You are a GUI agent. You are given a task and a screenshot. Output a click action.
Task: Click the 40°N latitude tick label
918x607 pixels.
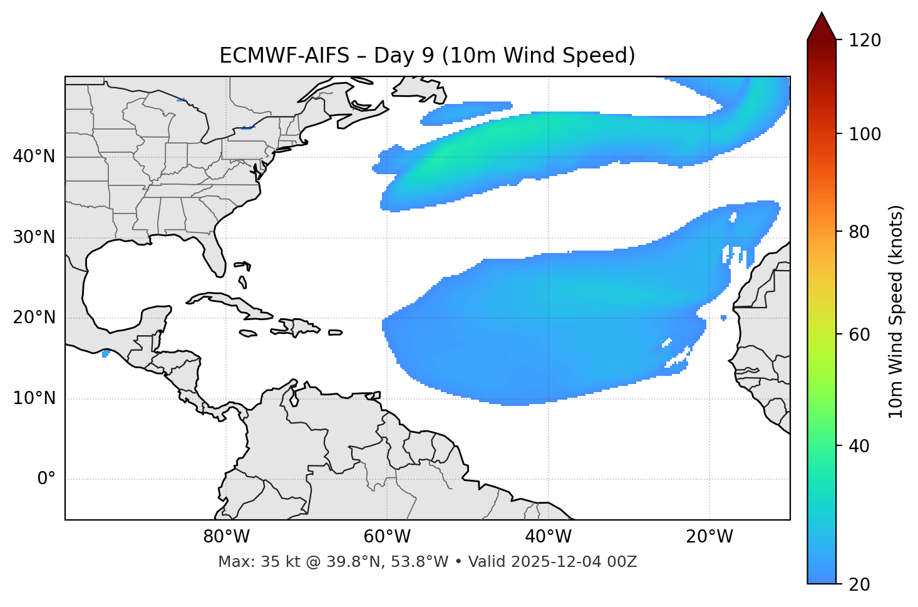pos(34,157)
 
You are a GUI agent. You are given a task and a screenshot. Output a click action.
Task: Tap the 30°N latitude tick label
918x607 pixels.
pos(34,237)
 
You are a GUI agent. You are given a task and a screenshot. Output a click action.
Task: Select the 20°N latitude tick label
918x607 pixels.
pos(34,318)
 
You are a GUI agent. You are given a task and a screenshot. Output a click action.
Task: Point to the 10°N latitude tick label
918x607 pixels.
pos(34,398)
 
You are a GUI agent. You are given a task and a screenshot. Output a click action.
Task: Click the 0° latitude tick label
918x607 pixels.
pos(46,479)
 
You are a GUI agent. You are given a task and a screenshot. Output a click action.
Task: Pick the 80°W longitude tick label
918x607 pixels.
pos(226,537)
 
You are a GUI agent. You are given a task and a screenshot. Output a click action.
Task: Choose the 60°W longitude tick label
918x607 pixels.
pos(387,537)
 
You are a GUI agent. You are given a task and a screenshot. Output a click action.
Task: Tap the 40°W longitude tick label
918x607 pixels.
pos(549,537)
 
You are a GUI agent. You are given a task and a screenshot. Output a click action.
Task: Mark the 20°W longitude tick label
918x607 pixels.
pos(709,537)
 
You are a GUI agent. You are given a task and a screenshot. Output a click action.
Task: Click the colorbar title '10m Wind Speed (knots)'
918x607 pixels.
pos(896,312)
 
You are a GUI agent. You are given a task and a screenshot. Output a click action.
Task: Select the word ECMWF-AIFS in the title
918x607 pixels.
pos(284,56)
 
